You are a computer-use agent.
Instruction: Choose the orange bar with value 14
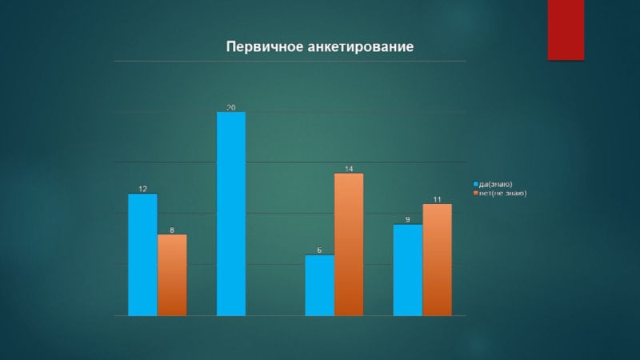click(x=349, y=244)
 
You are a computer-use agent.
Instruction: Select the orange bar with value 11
click(x=437, y=259)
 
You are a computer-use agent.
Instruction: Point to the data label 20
click(x=231, y=107)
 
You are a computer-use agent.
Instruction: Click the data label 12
click(x=142, y=189)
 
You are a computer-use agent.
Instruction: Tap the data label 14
click(x=350, y=169)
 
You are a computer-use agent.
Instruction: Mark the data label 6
click(x=320, y=250)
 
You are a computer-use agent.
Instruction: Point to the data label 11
click(x=438, y=199)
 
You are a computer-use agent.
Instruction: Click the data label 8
click(x=172, y=230)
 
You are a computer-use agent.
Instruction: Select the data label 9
click(x=408, y=220)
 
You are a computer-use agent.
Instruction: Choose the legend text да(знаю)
click(x=495, y=185)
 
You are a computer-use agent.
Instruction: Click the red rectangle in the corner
click(x=566, y=30)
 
